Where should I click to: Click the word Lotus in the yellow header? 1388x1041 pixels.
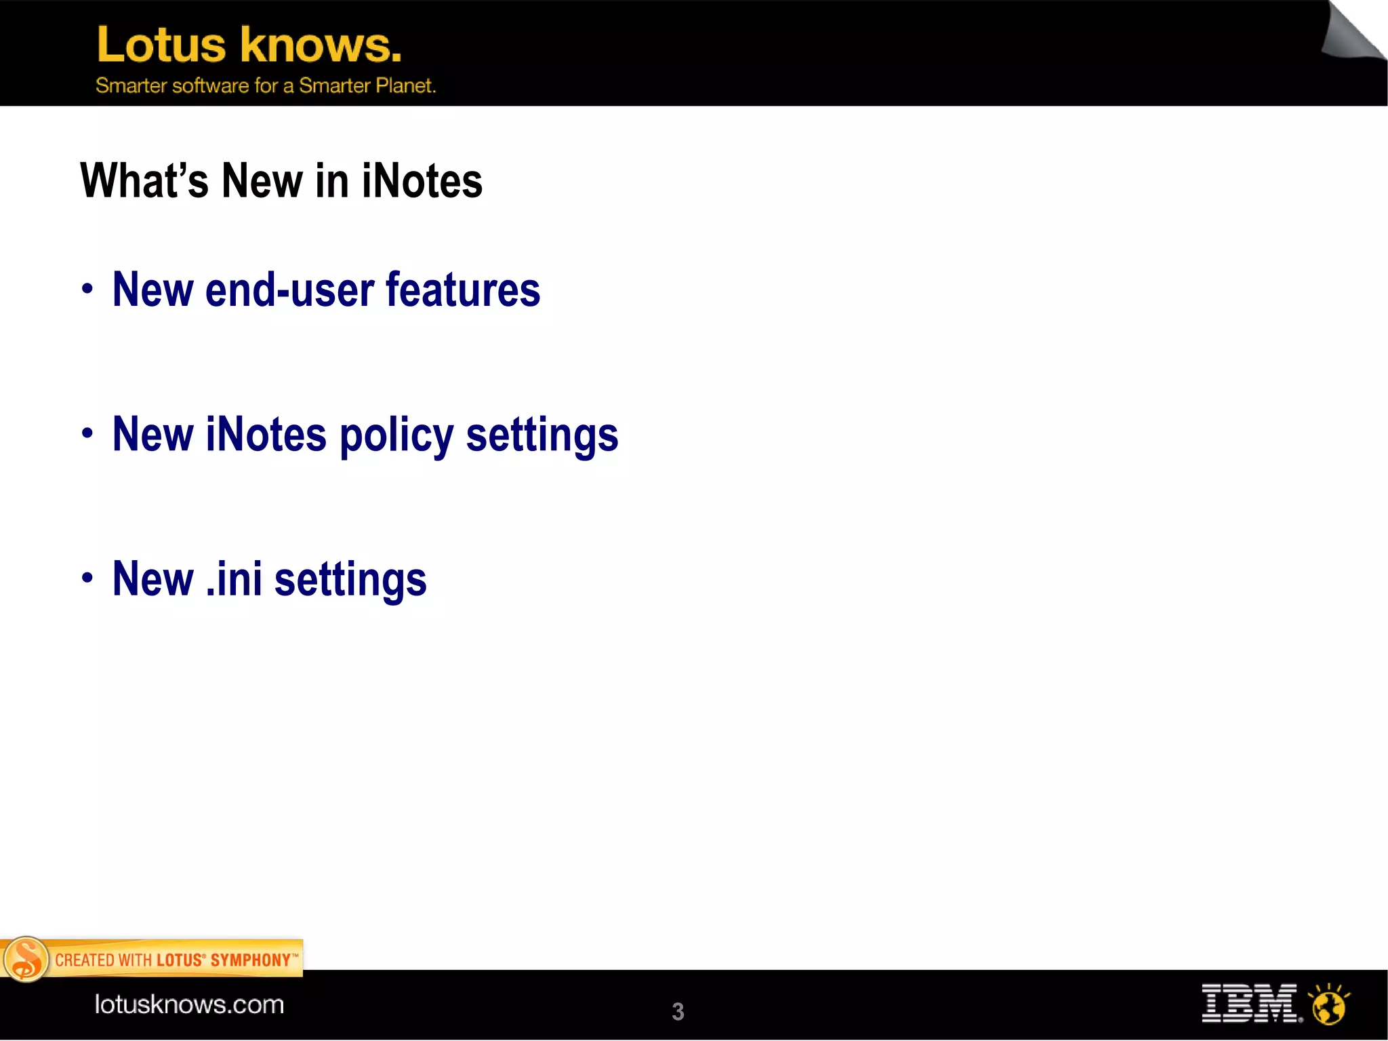(x=161, y=45)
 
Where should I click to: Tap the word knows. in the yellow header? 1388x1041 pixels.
(x=321, y=45)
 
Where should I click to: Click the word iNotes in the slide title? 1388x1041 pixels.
(x=422, y=181)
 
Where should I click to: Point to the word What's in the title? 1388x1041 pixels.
(x=144, y=181)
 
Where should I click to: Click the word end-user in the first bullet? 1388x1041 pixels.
(x=289, y=290)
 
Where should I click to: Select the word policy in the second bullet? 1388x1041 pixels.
(x=396, y=435)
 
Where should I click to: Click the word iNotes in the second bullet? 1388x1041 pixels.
(x=266, y=435)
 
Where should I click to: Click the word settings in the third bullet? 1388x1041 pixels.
(x=350, y=581)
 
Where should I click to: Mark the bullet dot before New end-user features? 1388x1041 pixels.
(x=87, y=290)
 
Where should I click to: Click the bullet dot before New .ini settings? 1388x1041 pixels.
(x=87, y=578)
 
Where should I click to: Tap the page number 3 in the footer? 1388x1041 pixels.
(x=678, y=1011)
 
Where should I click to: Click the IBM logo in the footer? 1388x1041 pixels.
(x=1250, y=1003)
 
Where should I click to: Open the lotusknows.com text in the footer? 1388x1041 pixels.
(x=189, y=1004)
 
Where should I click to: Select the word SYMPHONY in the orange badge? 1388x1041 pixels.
(x=251, y=960)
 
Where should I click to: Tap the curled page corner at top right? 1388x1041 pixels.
(x=1353, y=34)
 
